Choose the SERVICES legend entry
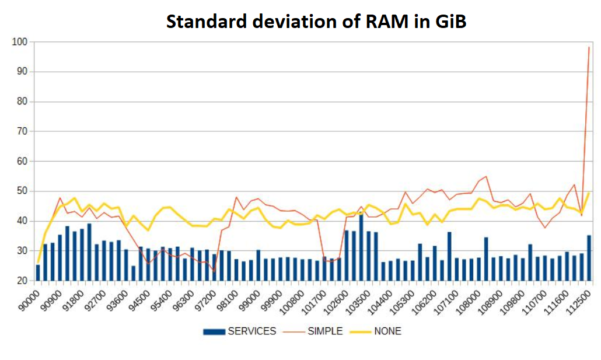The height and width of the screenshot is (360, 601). click(251, 331)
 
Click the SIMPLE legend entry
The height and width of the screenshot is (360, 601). click(324, 331)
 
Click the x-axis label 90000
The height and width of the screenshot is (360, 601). click(29, 301)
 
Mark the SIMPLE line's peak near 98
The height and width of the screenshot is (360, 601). click(589, 47)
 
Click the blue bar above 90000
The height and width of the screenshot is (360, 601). click(38, 272)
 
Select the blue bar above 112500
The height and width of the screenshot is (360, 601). click(589, 258)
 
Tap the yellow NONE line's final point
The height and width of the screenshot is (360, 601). click(589, 193)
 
